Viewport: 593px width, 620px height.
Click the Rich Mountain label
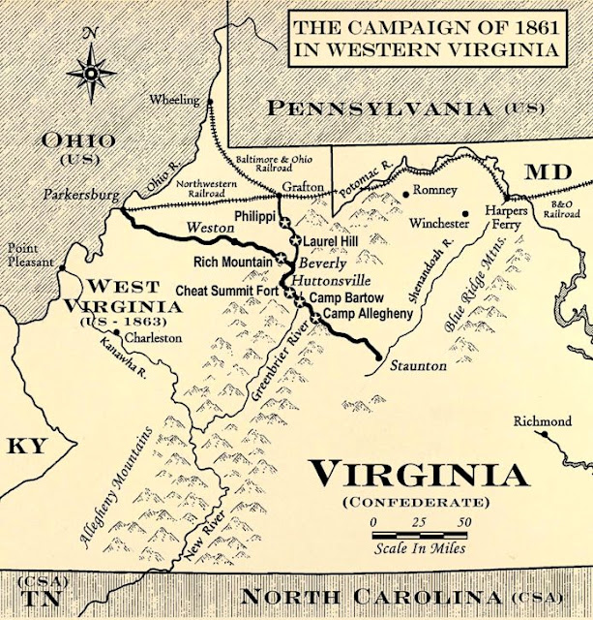coord(232,261)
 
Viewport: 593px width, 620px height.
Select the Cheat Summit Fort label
coord(227,290)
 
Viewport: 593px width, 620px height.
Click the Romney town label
coord(434,191)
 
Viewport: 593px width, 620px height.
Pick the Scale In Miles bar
coord(419,534)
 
